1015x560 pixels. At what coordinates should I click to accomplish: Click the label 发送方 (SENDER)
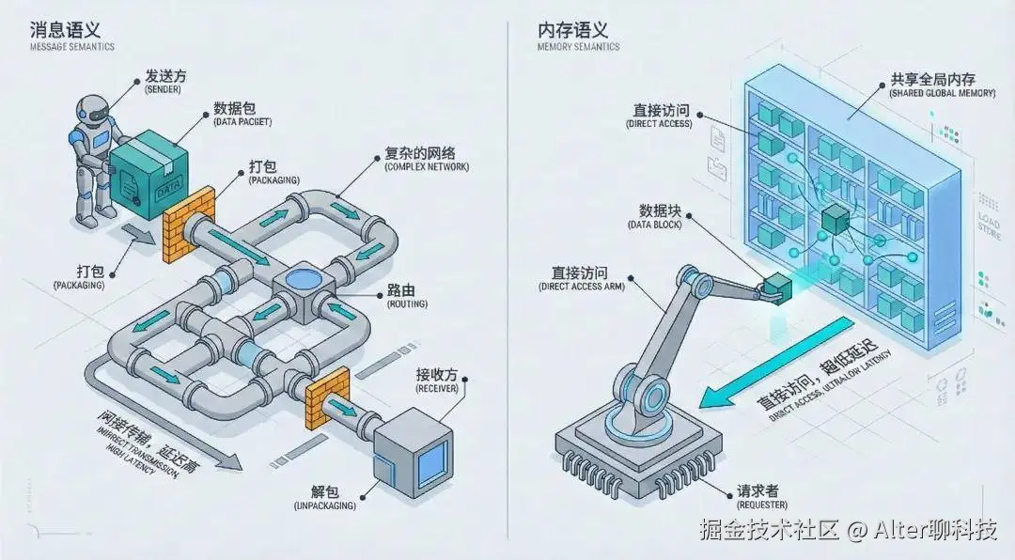point(164,81)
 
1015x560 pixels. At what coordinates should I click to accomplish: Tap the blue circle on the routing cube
point(304,279)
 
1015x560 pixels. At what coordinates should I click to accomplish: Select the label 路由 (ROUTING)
point(406,295)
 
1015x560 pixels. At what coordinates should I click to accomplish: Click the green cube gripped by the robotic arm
point(777,288)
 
